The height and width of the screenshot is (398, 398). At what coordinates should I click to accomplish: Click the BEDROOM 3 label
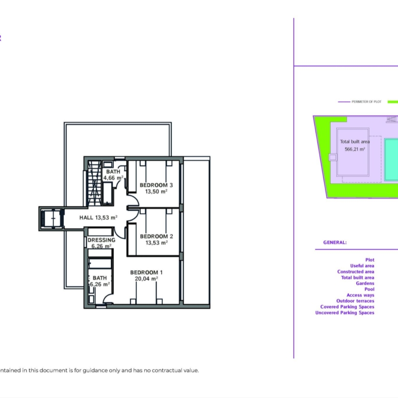tap(156, 185)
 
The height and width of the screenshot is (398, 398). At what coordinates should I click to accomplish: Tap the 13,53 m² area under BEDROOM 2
tap(156, 243)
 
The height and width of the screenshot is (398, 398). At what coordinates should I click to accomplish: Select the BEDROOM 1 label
tap(146, 272)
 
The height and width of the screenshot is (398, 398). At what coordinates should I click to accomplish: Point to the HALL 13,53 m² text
tap(98, 217)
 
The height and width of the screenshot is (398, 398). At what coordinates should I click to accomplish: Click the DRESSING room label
tap(101, 240)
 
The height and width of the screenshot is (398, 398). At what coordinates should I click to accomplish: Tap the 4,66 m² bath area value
tap(113, 178)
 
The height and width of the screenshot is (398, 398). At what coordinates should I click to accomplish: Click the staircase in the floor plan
tap(94, 183)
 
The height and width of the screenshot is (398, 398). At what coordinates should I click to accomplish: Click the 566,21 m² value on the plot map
tap(355, 149)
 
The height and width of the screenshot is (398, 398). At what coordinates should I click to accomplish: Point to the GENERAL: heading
tap(335, 242)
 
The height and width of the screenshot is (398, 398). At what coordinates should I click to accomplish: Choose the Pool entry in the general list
tap(369, 289)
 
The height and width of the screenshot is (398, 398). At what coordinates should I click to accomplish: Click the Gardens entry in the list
tap(365, 283)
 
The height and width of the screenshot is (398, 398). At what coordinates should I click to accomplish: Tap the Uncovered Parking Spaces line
tap(345, 313)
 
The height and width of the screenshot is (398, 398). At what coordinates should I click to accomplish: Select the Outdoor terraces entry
tap(355, 301)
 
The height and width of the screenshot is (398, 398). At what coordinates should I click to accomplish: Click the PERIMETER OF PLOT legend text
tap(366, 102)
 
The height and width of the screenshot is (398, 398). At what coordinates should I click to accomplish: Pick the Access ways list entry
tap(360, 295)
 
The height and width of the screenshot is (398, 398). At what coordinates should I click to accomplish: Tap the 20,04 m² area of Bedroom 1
tap(146, 279)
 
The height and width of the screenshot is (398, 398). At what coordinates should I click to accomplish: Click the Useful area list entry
tap(362, 266)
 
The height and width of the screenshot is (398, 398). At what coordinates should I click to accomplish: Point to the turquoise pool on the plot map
tap(391, 160)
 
